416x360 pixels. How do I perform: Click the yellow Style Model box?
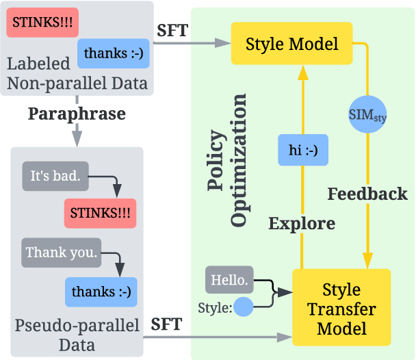[x=291, y=45]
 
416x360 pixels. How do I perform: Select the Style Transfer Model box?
[x=341, y=309]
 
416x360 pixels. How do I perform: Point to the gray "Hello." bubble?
[x=229, y=280]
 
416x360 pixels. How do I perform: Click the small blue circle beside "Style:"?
[x=243, y=306]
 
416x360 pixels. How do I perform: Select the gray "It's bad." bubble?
[x=55, y=176]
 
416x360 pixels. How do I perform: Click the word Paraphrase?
[x=77, y=114]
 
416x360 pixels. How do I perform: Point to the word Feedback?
[x=367, y=194]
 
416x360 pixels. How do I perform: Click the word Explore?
[x=302, y=223]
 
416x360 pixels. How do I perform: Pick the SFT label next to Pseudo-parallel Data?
[x=166, y=324]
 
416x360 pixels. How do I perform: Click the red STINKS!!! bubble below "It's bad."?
[x=100, y=214]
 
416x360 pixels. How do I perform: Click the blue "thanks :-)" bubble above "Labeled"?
[x=114, y=52]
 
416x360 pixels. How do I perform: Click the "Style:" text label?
[x=214, y=307]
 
